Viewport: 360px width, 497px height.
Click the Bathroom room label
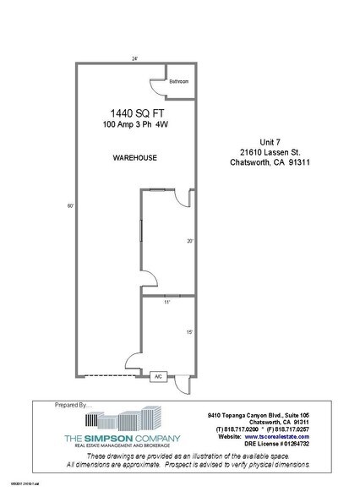(x=179, y=82)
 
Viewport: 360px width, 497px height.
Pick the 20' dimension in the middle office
(x=191, y=241)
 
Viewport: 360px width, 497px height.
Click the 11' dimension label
(x=167, y=302)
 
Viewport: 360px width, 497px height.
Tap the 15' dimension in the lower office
(x=191, y=332)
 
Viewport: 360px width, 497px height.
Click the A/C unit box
(x=157, y=378)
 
